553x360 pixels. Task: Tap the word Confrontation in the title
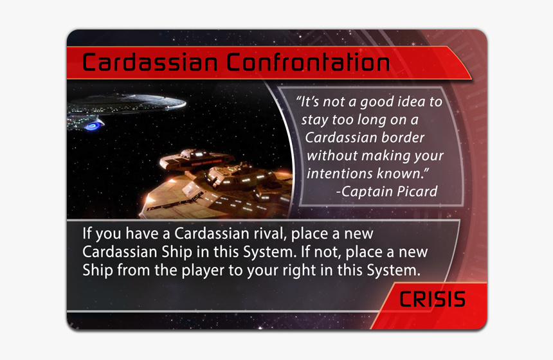(308, 64)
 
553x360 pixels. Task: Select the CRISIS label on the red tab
(432, 299)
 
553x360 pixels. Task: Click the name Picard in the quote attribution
(413, 191)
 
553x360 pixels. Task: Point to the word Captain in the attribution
(365, 191)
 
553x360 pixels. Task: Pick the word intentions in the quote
(340, 174)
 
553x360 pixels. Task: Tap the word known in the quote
(406, 174)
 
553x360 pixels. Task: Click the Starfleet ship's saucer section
(138, 102)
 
